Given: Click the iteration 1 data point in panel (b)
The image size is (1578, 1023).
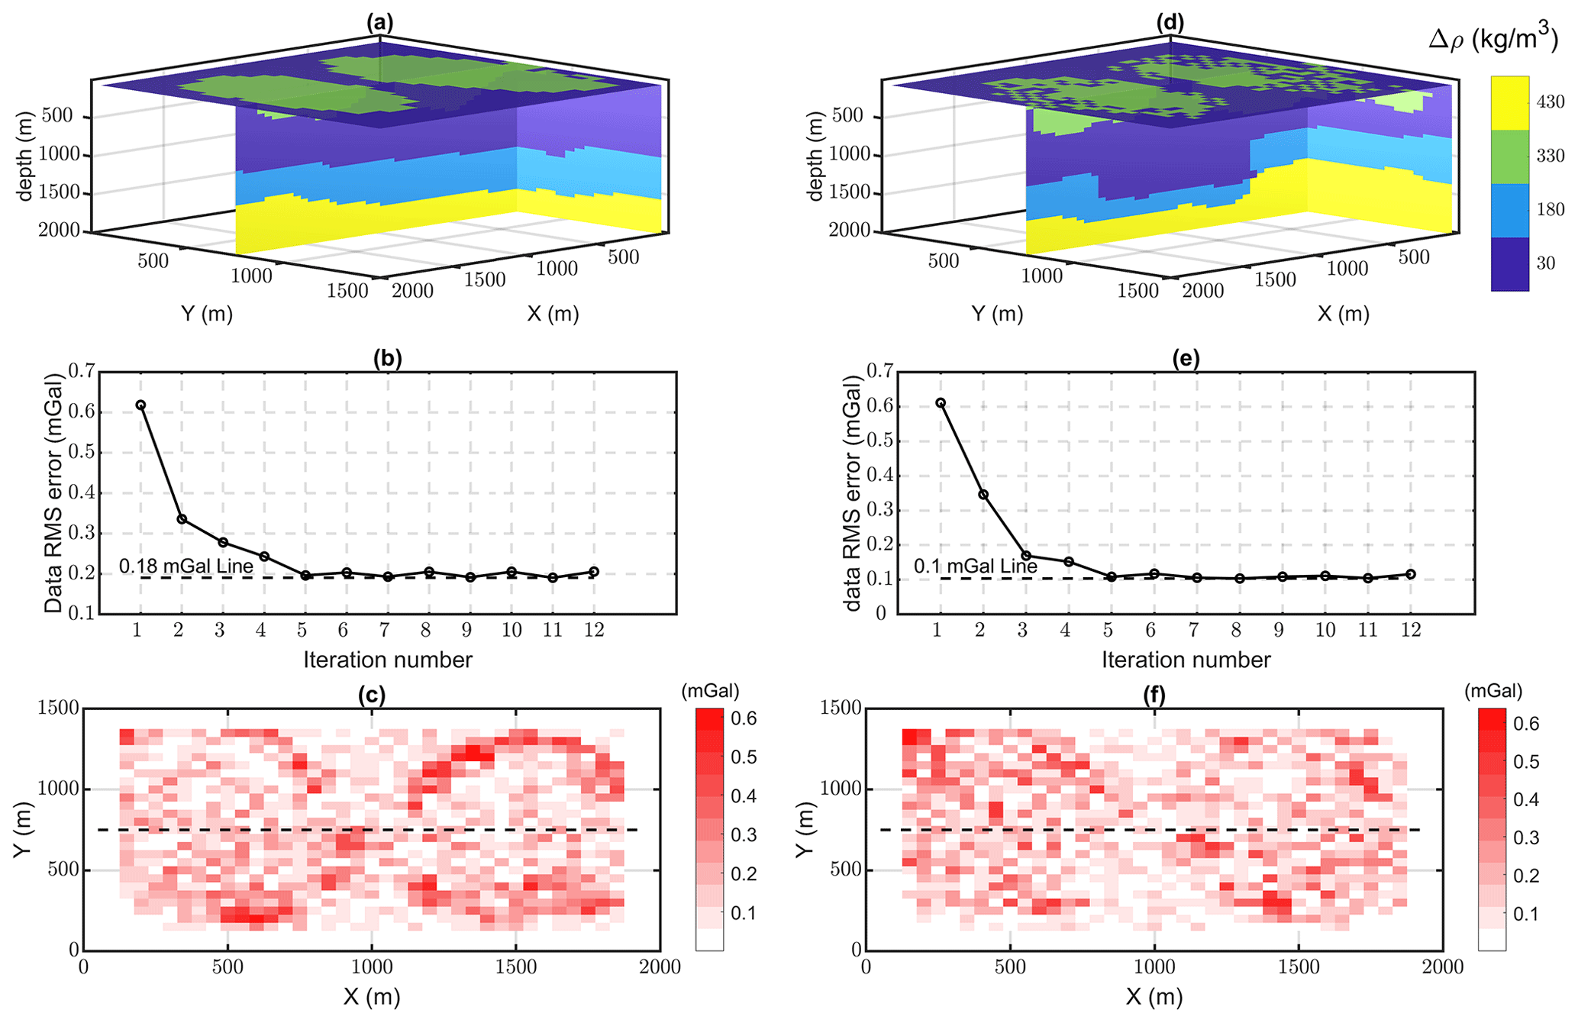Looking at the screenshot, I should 140,405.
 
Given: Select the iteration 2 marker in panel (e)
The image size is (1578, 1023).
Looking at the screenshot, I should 983,495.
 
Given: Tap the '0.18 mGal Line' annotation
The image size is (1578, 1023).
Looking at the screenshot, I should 186,566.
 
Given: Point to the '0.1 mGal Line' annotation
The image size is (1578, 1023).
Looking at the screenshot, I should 976,566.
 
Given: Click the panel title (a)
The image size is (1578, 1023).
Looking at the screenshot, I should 379,23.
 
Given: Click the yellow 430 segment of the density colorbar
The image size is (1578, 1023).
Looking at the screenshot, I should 1509,103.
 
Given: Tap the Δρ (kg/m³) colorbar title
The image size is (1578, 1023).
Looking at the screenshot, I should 1492,40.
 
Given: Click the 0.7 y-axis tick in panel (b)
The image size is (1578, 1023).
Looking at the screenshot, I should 82,372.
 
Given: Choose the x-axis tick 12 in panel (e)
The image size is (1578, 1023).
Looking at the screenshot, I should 1411,630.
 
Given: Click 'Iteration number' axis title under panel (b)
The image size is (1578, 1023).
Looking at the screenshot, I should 388,660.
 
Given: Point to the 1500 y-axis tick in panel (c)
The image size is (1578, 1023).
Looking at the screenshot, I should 58,708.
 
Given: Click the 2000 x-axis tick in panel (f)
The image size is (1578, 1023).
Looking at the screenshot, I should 1443,967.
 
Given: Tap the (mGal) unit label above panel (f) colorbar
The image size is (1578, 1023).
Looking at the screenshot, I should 1493,691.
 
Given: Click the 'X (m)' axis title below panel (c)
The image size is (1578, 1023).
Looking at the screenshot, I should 372,997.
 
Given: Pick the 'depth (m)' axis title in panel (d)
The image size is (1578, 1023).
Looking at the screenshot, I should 816,157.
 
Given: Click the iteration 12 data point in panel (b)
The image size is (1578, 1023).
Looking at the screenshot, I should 594,572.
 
